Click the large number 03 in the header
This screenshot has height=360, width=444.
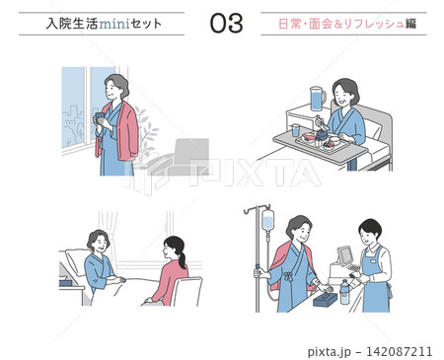(x=227, y=24)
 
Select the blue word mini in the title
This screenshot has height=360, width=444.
(x=114, y=24)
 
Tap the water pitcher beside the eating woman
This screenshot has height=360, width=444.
(x=318, y=99)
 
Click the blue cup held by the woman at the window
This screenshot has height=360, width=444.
(x=100, y=117)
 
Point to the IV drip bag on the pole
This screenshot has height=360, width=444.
(x=268, y=220)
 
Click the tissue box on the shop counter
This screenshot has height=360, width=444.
(x=325, y=300)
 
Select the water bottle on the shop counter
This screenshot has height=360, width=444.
(x=344, y=292)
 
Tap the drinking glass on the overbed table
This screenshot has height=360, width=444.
(x=296, y=130)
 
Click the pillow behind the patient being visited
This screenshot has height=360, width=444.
(x=77, y=261)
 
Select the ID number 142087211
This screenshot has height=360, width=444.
(x=399, y=351)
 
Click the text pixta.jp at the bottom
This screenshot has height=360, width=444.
(x=330, y=352)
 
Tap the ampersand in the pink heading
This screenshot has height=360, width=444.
(x=339, y=24)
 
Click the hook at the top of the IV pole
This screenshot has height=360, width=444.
(x=248, y=210)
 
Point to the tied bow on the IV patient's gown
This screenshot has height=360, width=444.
(x=288, y=275)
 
